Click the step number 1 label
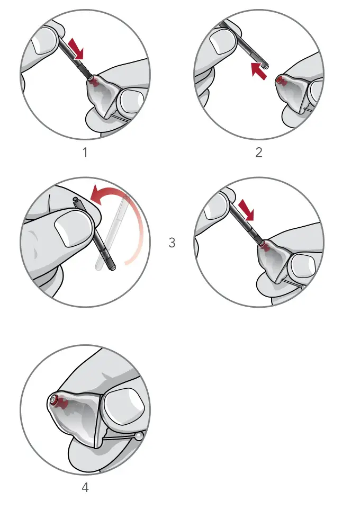click(85, 153)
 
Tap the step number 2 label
click(259, 153)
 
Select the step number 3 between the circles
click(172, 243)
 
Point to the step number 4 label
click(85, 488)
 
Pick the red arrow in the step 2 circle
click(258, 70)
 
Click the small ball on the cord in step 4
click(139, 436)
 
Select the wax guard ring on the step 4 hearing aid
click(53, 400)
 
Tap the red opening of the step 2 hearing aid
click(279, 80)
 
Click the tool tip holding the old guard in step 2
click(266, 65)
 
